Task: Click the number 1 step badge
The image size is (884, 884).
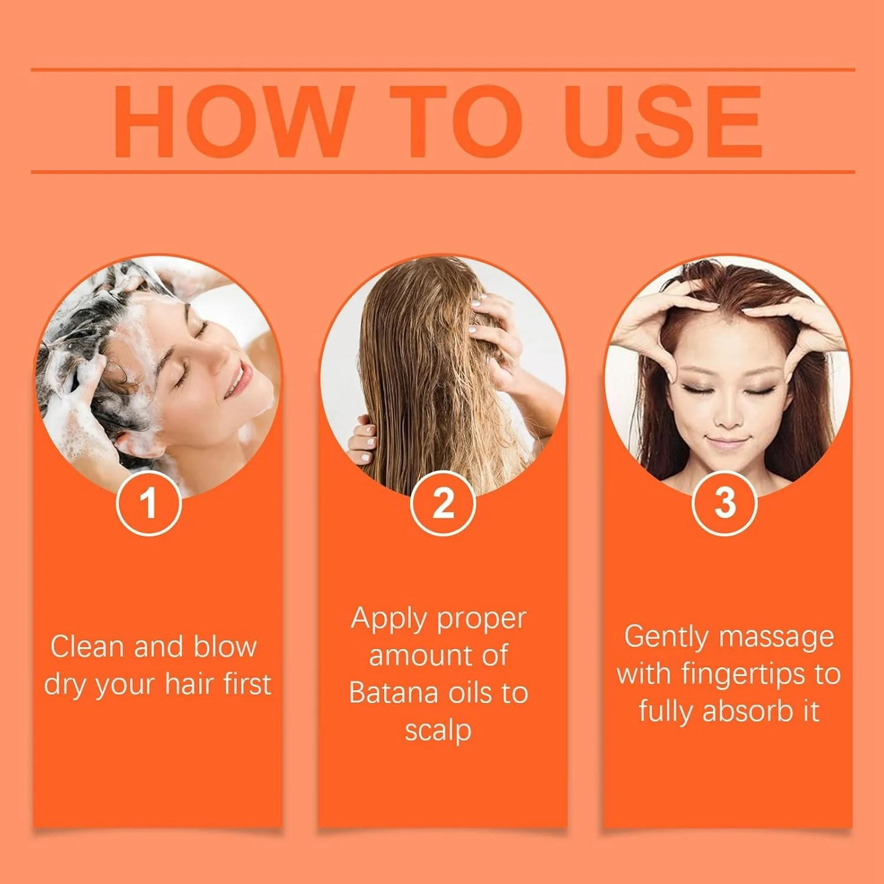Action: [149, 503]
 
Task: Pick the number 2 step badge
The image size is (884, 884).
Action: [443, 503]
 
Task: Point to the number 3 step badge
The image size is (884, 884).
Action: [724, 503]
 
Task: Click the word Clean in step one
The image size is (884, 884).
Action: [88, 646]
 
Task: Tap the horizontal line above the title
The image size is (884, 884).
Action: [443, 70]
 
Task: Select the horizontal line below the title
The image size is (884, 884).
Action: [443, 172]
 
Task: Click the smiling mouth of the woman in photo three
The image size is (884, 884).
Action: [727, 442]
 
